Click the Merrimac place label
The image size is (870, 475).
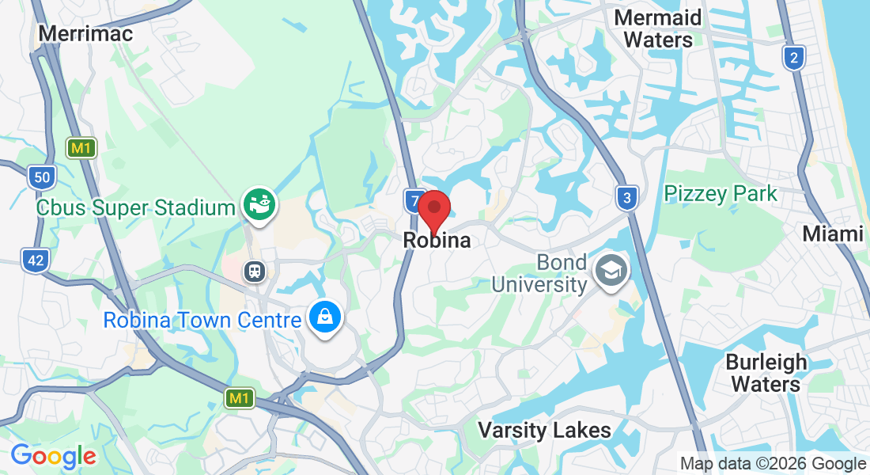[x=85, y=33]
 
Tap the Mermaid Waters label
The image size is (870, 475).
[x=658, y=28]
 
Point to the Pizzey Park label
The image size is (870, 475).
[x=721, y=193]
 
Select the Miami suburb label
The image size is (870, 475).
[x=833, y=234]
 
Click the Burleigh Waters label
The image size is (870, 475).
[x=766, y=373]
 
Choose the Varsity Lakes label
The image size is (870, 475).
[x=545, y=430]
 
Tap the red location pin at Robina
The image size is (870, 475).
[x=434, y=210]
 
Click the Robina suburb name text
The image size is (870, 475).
[x=437, y=240]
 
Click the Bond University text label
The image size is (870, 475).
[x=539, y=273]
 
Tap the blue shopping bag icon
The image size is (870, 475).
[x=325, y=318]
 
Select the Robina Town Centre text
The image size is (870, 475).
[x=202, y=321]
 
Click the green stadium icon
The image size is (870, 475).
[x=259, y=205]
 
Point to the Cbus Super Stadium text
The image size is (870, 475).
[x=136, y=208]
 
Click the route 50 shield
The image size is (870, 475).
[x=41, y=177]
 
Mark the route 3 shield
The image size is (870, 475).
[x=626, y=198]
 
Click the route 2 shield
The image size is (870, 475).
[x=794, y=57]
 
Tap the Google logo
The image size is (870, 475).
[x=53, y=456]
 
